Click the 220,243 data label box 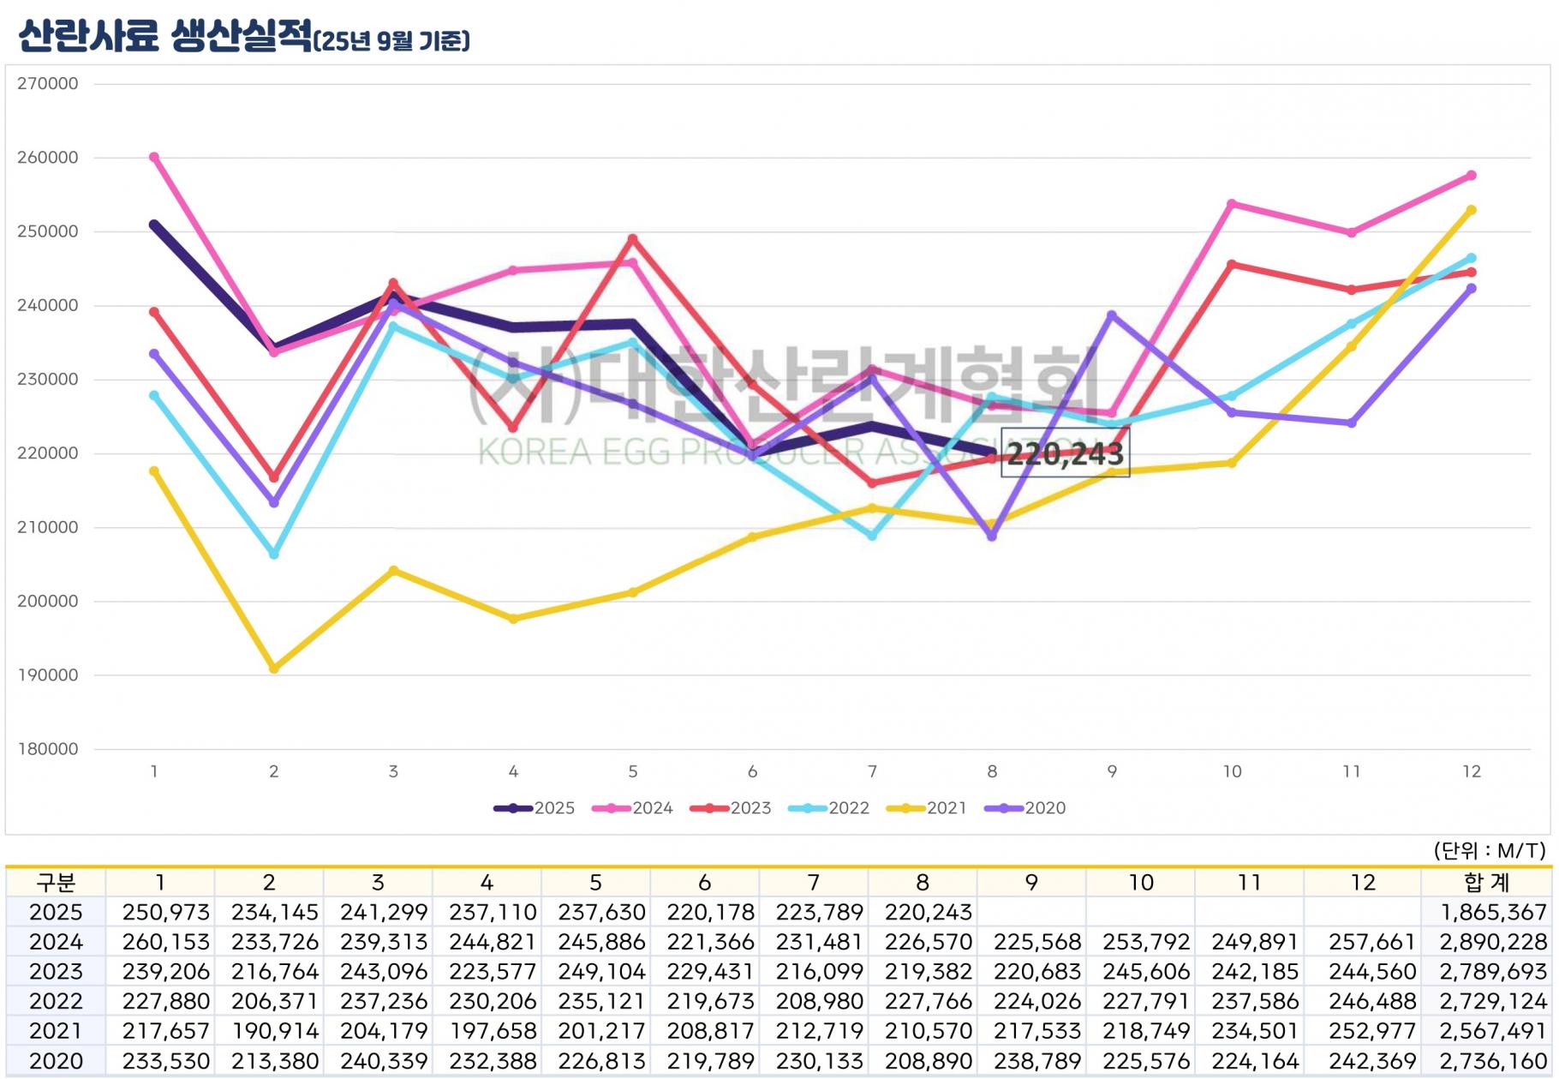coord(1065,453)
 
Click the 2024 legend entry coord(633,808)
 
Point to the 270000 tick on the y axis coord(48,84)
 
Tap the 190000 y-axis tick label coord(48,675)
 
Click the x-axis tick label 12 coord(1471,771)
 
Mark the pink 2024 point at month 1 coord(154,158)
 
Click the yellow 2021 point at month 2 coord(274,668)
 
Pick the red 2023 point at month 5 coord(633,239)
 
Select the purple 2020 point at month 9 coord(1112,315)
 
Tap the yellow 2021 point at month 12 coord(1472,210)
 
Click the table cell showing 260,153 coord(165,942)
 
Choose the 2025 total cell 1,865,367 coord(1493,913)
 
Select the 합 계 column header coord(1486,883)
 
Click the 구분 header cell coord(56,883)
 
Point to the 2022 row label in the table coord(56,1002)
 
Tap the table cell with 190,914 coord(274,1032)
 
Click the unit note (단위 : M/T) coord(1489,850)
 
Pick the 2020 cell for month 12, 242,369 coord(1372,1062)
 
